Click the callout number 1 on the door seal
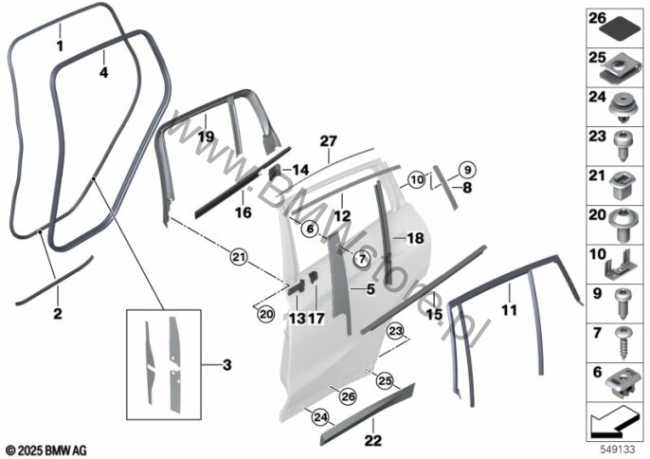click(x=59, y=46)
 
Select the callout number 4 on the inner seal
click(x=103, y=72)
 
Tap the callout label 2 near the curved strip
click(x=57, y=313)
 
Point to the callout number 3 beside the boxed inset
click(x=226, y=364)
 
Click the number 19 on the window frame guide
click(x=206, y=138)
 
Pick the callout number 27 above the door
click(x=328, y=141)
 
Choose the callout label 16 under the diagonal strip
click(x=244, y=213)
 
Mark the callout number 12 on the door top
click(x=339, y=215)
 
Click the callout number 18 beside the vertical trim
click(x=414, y=238)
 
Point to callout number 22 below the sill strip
click(x=375, y=439)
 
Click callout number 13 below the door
click(x=297, y=320)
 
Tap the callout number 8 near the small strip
click(x=466, y=188)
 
